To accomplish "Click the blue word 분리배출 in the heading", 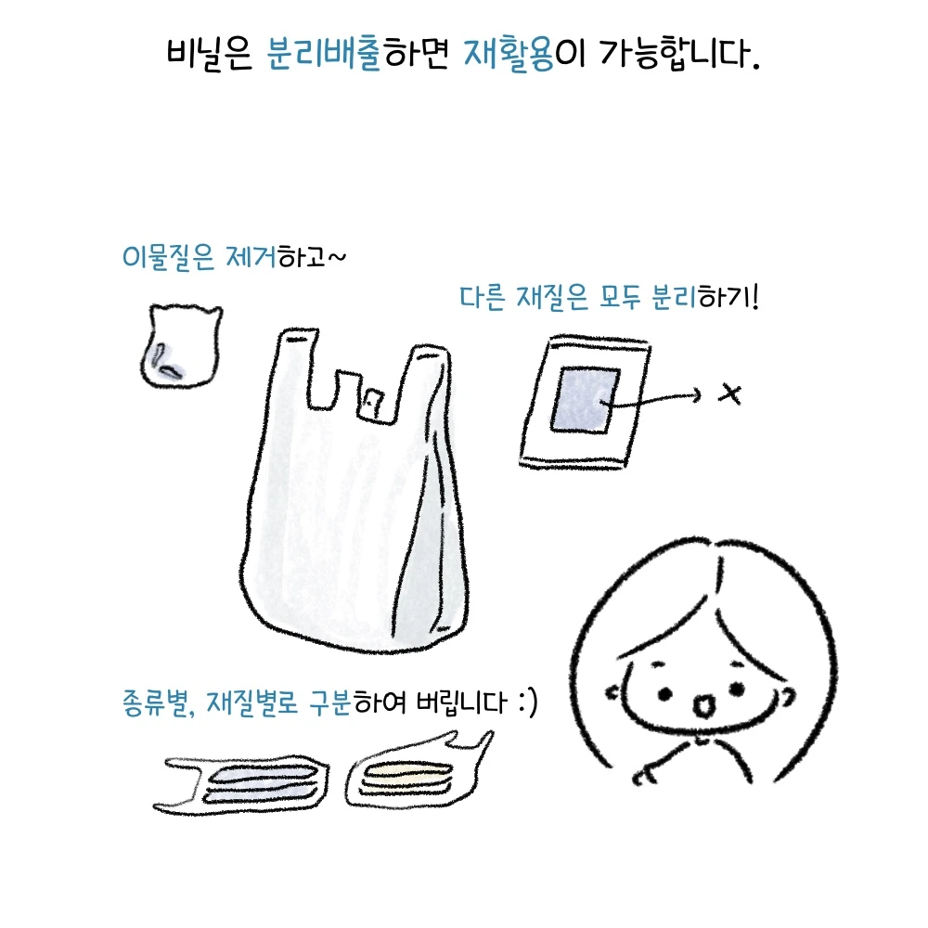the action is [324, 54].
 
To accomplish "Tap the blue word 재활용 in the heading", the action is [509, 54].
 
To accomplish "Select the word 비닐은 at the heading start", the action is [209, 54].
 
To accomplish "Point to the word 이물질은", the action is [167, 257].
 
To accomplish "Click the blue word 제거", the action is [251, 257].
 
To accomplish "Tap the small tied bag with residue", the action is [181, 346].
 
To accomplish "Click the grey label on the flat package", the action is [586, 400].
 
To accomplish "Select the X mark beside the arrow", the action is [729, 394].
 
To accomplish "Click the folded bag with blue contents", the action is [241, 785].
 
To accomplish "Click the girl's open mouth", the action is [703, 705].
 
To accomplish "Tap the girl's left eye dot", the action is [664, 693].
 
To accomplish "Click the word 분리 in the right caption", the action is [674, 297].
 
